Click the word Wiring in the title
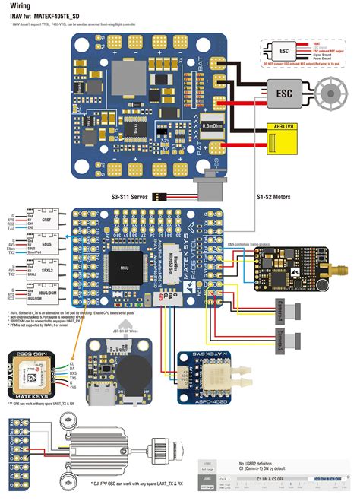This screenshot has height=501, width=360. point(20,5)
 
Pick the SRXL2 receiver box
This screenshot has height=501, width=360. point(37,270)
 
